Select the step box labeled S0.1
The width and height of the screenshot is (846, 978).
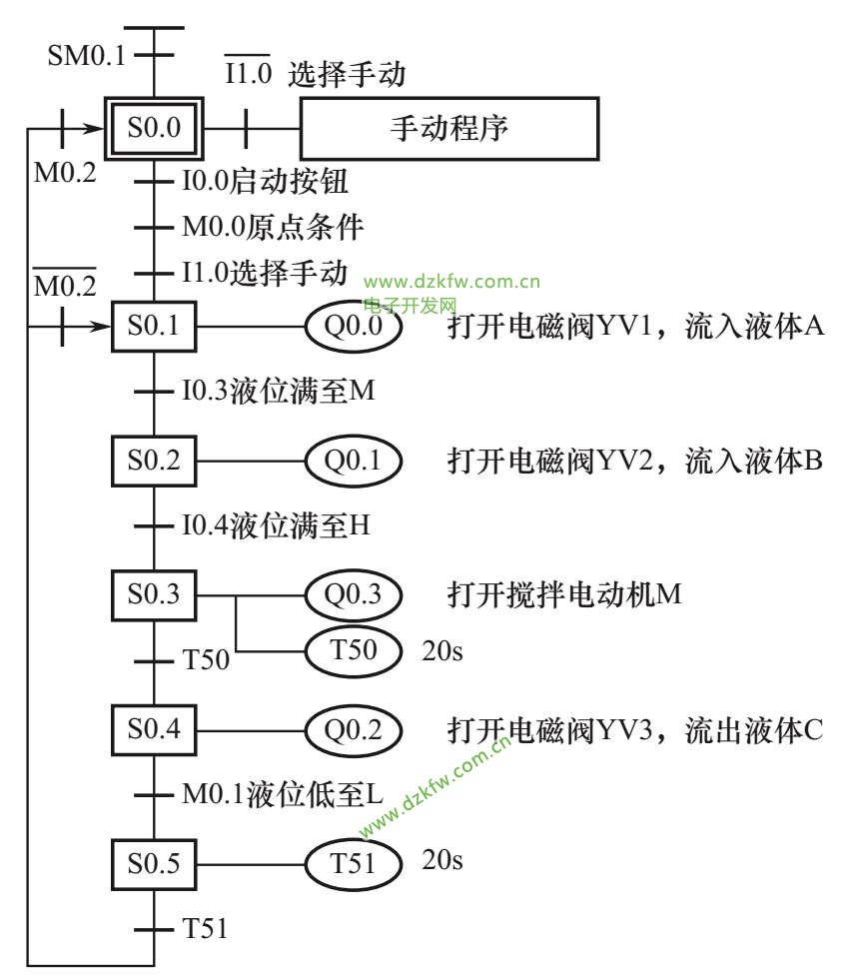pyautogui.click(x=154, y=327)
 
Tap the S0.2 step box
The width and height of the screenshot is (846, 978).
pyautogui.click(x=154, y=461)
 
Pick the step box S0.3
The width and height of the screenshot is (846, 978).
pyautogui.click(x=154, y=594)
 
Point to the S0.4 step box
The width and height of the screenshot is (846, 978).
pyautogui.click(x=154, y=729)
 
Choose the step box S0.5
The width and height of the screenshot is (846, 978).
pyautogui.click(x=154, y=862)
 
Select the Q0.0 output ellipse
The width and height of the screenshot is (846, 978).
pyautogui.click(x=353, y=327)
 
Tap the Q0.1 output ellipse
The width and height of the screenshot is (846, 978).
pyautogui.click(x=353, y=461)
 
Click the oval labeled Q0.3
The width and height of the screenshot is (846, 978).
pyautogui.click(x=353, y=594)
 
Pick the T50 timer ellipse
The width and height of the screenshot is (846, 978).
pyautogui.click(x=353, y=651)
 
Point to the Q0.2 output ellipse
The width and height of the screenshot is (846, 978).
pyautogui.click(x=353, y=729)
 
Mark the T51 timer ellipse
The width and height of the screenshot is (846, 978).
pyautogui.click(x=353, y=862)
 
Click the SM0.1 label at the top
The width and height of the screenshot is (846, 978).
pyautogui.click(x=87, y=54)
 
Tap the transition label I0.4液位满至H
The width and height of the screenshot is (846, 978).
pyautogui.click(x=276, y=525)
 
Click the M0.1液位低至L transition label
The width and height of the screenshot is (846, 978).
pyautogui.click(x=283, y=795)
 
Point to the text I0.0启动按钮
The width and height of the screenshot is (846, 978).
pyautogui.click(x=265, y=183)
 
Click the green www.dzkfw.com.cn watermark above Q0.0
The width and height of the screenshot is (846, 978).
pyautogui.click(x=451, y=282)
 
